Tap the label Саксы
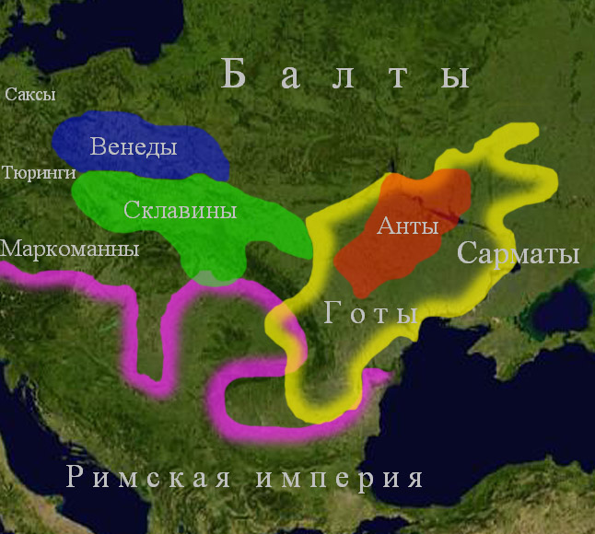[30, 95]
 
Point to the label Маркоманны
[70, 249]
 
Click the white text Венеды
[134, 146]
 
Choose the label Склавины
[180, 210]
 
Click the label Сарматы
[518, 253]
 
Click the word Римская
[148, 478]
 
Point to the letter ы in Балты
[455, 75]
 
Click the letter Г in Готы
[335, 314]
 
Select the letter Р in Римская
[76, 478]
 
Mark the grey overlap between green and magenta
[214, 276]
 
